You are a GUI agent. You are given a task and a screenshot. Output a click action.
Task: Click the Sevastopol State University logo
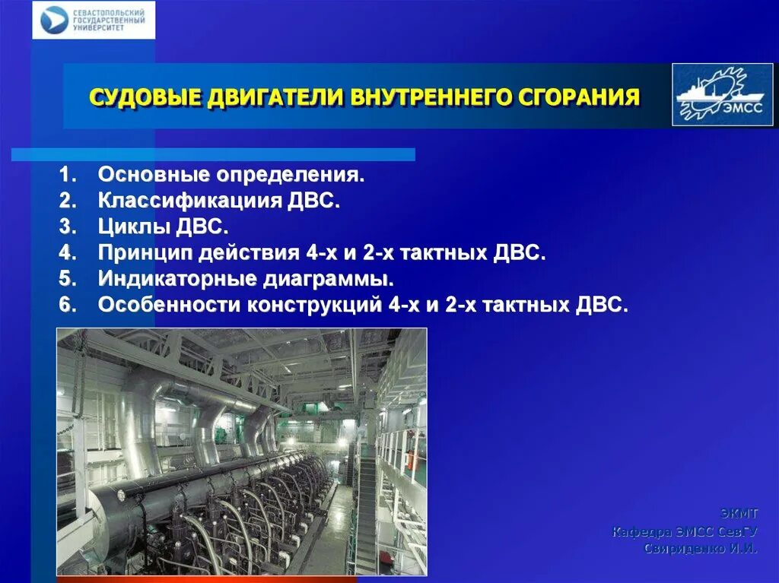click(x=93, y=21)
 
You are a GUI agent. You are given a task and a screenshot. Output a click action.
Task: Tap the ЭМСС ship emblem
click(x=722, y=94)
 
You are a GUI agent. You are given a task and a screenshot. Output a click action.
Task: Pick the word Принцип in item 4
click(x=145, y=253)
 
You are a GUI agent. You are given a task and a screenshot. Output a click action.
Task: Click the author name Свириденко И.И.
click(x=700, y=548)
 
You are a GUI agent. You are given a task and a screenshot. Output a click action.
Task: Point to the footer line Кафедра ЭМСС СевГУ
click(x=685, y=531)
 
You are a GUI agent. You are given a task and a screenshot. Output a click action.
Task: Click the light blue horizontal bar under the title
click(x=213, y=154)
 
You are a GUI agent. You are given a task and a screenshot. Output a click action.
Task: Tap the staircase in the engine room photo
click(x=367, y=502)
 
